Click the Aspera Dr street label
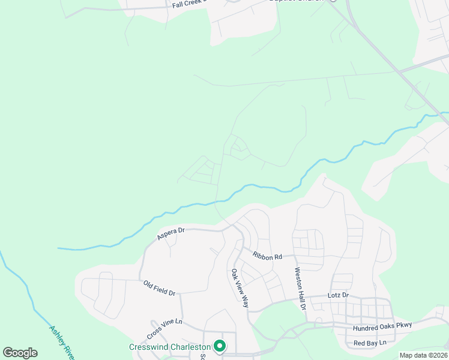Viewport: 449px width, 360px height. (171, 233)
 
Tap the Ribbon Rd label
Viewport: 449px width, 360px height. (267, 256)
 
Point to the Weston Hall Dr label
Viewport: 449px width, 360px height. (300, 288)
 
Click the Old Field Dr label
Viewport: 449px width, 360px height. (159, 288)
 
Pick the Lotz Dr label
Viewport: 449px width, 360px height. (338, 296)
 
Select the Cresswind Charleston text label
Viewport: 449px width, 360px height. (170, 347)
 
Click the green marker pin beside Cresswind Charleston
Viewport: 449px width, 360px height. (220, 346)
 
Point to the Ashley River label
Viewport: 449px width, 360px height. (61, 342)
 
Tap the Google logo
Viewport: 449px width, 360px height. (20, 353)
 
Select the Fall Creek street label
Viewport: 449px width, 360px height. (188, 4)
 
